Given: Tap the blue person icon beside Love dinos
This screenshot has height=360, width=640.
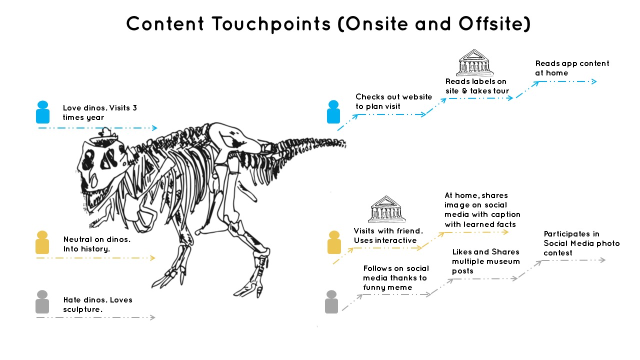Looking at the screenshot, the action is point(43,112).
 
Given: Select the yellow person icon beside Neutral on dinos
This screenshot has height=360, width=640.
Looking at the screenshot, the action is point(42,242).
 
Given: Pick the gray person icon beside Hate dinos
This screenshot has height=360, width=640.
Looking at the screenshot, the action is point(42,302).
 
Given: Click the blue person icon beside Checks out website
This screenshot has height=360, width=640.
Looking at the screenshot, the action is point(333,112).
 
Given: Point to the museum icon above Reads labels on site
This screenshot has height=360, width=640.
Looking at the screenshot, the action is point(475,63).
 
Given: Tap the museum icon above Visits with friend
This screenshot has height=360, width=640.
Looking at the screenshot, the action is point(387,209).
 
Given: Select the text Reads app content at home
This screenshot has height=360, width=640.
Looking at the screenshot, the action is point(572,68).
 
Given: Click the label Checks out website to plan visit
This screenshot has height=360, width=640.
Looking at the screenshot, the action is point(393,101).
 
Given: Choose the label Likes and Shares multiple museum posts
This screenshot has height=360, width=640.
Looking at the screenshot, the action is point(486,261).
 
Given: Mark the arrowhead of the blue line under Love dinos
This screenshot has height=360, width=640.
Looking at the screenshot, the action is point(155,128).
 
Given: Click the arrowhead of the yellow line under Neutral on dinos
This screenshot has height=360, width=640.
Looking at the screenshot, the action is point(153,258).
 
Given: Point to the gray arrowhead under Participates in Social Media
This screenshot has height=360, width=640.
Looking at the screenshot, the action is point(603,260).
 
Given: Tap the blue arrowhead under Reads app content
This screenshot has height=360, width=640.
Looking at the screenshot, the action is point(594,81).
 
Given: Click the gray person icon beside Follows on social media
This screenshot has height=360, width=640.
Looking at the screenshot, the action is point(331,302).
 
